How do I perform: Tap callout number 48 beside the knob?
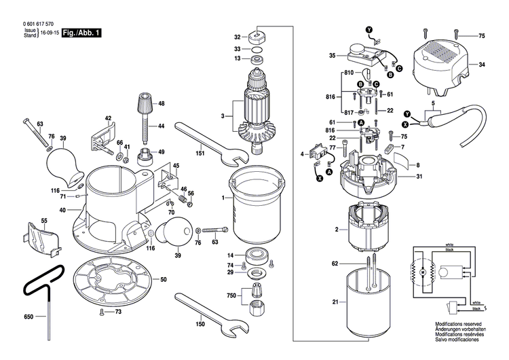(x=162, y=103)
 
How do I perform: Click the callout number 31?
(x=419, y=177)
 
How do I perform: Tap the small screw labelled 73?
(x=117, y=312)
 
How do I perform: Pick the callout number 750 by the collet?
(x=231, y=295)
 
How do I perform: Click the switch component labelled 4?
(x=316, y=154)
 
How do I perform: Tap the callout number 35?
(x=333, y=55)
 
